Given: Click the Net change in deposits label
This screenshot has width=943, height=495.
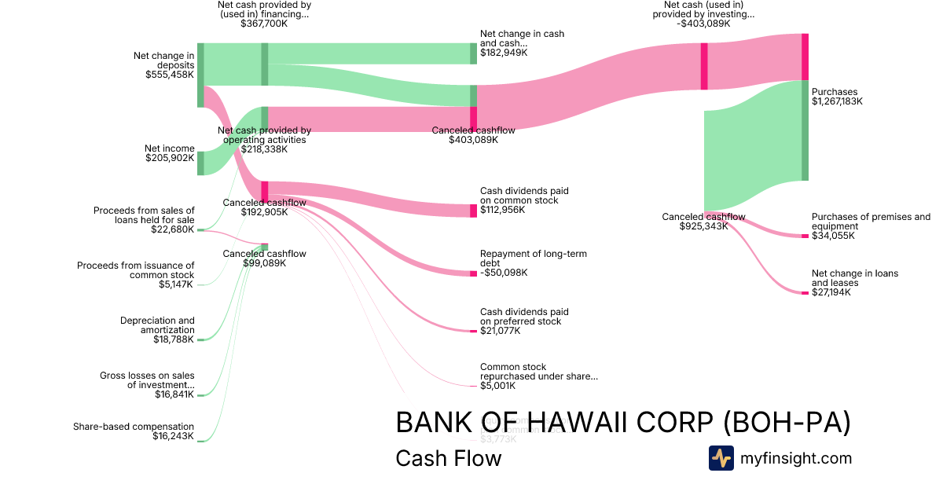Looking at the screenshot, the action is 163,60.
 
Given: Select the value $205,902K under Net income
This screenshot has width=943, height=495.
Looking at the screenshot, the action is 170,158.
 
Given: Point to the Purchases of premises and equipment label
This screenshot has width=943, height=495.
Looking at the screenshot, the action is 870,222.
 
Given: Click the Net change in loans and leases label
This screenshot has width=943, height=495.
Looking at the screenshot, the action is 854,278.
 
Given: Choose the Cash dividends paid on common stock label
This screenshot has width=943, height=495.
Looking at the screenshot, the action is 523,196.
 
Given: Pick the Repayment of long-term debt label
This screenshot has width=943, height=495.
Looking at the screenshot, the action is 533,258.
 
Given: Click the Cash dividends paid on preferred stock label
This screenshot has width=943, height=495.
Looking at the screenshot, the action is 523,317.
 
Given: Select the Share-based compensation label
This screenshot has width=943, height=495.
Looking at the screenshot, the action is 134,427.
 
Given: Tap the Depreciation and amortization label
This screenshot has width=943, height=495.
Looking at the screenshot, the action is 157,325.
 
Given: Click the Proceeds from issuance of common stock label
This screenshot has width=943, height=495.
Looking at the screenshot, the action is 135,270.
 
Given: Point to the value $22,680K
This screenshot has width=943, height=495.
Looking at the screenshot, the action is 173,229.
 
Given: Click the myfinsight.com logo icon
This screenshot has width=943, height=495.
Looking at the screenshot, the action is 721,458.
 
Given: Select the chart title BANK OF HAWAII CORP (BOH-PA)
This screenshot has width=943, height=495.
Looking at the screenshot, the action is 623,423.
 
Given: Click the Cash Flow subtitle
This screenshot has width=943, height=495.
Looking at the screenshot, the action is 448,458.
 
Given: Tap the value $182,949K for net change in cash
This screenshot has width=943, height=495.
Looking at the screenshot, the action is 504,53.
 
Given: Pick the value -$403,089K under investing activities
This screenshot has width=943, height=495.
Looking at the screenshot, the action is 703,24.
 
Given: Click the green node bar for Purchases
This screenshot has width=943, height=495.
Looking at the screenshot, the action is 805,130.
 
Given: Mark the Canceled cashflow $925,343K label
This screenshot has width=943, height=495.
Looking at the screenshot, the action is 703,222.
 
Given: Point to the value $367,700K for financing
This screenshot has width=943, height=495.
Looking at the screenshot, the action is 264,24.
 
